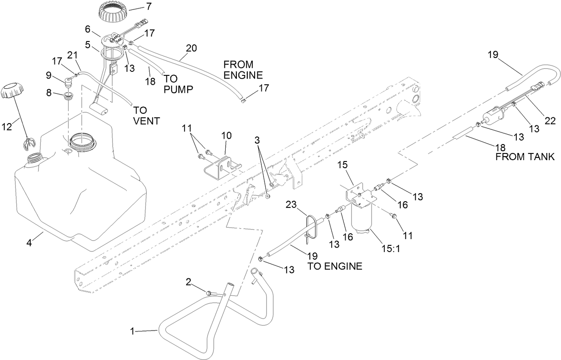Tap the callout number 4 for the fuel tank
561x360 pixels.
coord(29,243)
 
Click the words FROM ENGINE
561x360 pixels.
coord(243,69)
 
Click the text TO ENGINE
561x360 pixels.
coord(334,267)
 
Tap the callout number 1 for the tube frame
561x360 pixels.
coord(132,331)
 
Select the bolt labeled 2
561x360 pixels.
coord(210,293)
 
